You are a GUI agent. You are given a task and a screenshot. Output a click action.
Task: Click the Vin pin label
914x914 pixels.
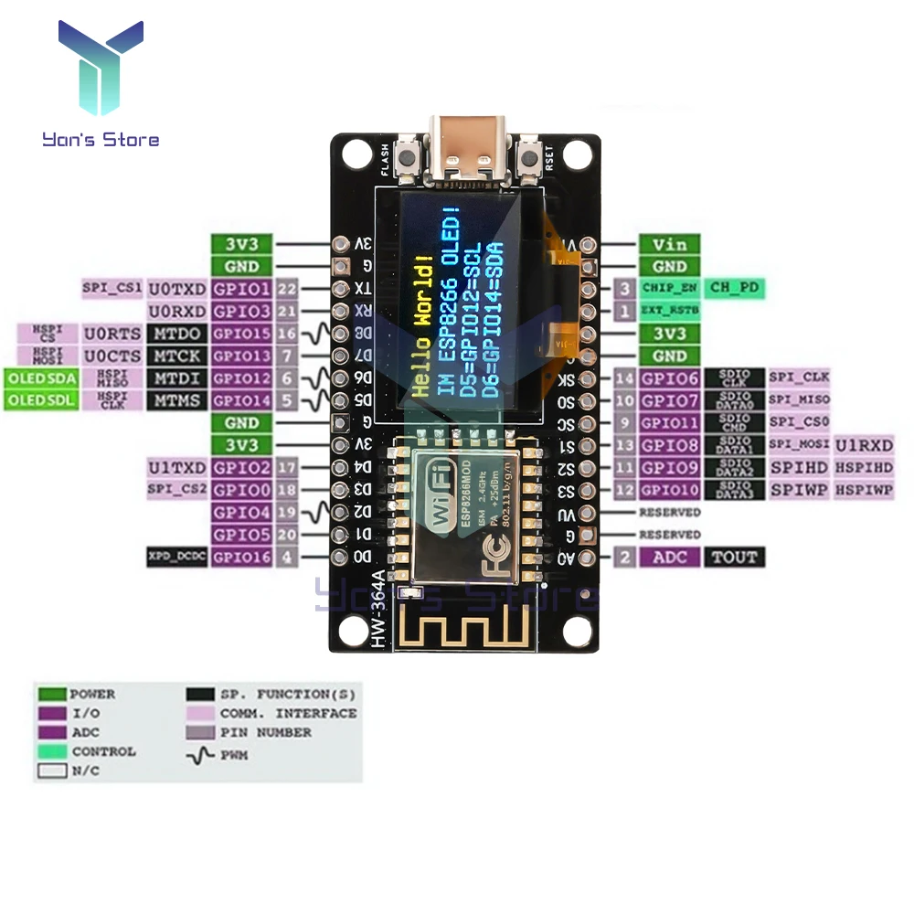point(669,244)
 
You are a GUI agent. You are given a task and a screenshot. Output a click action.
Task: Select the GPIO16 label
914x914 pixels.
point(241,557)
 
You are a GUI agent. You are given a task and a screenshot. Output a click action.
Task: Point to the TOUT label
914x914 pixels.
point(735,557)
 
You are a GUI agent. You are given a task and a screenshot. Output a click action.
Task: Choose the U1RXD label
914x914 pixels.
point(864,445)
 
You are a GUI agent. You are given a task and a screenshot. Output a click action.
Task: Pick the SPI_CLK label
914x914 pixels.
point(798,377)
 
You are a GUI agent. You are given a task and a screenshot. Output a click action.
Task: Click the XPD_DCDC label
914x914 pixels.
point(175,557)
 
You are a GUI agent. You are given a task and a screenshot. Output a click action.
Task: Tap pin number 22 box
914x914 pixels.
point(288,289)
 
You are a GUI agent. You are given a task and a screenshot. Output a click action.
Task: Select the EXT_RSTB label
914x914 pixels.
point(669,312)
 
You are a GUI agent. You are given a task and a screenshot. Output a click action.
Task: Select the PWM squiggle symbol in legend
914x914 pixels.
point(200,755)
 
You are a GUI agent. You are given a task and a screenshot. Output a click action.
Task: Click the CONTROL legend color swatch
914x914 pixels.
point(51,751)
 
